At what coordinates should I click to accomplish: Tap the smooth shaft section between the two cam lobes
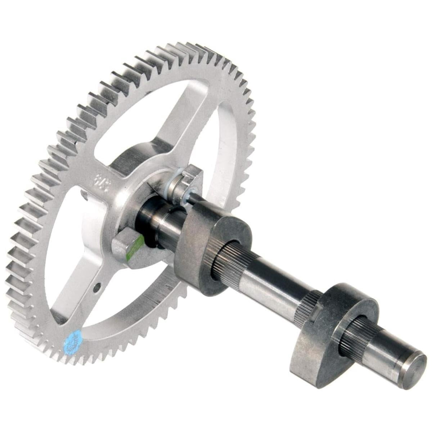[277, 284]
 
